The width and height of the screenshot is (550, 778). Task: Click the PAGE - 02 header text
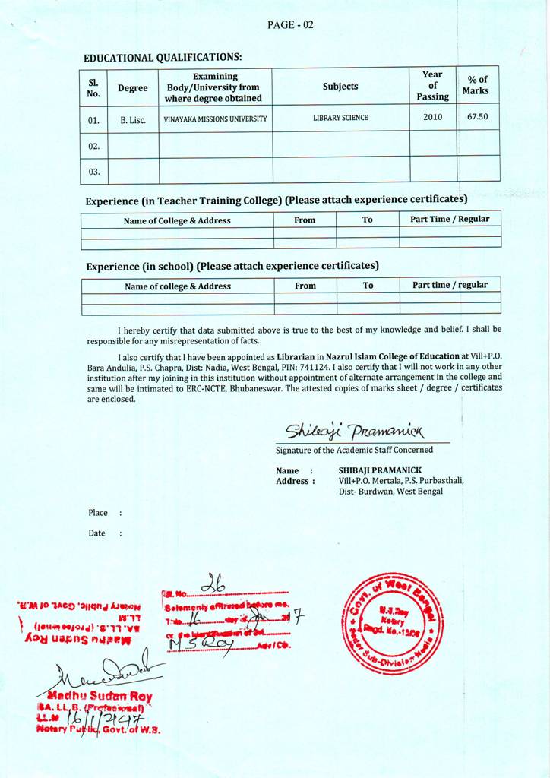coord(290,25)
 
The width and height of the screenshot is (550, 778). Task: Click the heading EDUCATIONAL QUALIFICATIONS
coord(163,58)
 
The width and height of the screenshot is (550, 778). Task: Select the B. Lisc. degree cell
coord(132,119)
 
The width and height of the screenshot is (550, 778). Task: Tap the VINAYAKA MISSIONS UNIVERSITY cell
coord(215,119)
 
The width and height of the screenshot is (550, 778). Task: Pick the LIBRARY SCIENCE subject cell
coord(340,119)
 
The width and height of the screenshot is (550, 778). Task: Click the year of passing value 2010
coord(432,117)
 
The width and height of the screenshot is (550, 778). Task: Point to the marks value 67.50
coord(478,117)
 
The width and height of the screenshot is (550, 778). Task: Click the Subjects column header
coord(340,87)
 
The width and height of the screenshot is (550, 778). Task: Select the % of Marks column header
coord(478,85)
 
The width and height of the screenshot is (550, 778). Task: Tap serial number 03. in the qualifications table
coord(93,171)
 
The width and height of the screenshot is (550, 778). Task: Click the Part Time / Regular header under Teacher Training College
coord(450,219)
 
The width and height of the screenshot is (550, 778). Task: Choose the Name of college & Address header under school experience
coord(178,286)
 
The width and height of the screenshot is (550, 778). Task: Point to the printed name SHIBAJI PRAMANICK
coord(380,470)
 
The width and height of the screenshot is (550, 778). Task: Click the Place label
coord(98,513)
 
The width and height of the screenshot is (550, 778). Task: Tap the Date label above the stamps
coord(96,533)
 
